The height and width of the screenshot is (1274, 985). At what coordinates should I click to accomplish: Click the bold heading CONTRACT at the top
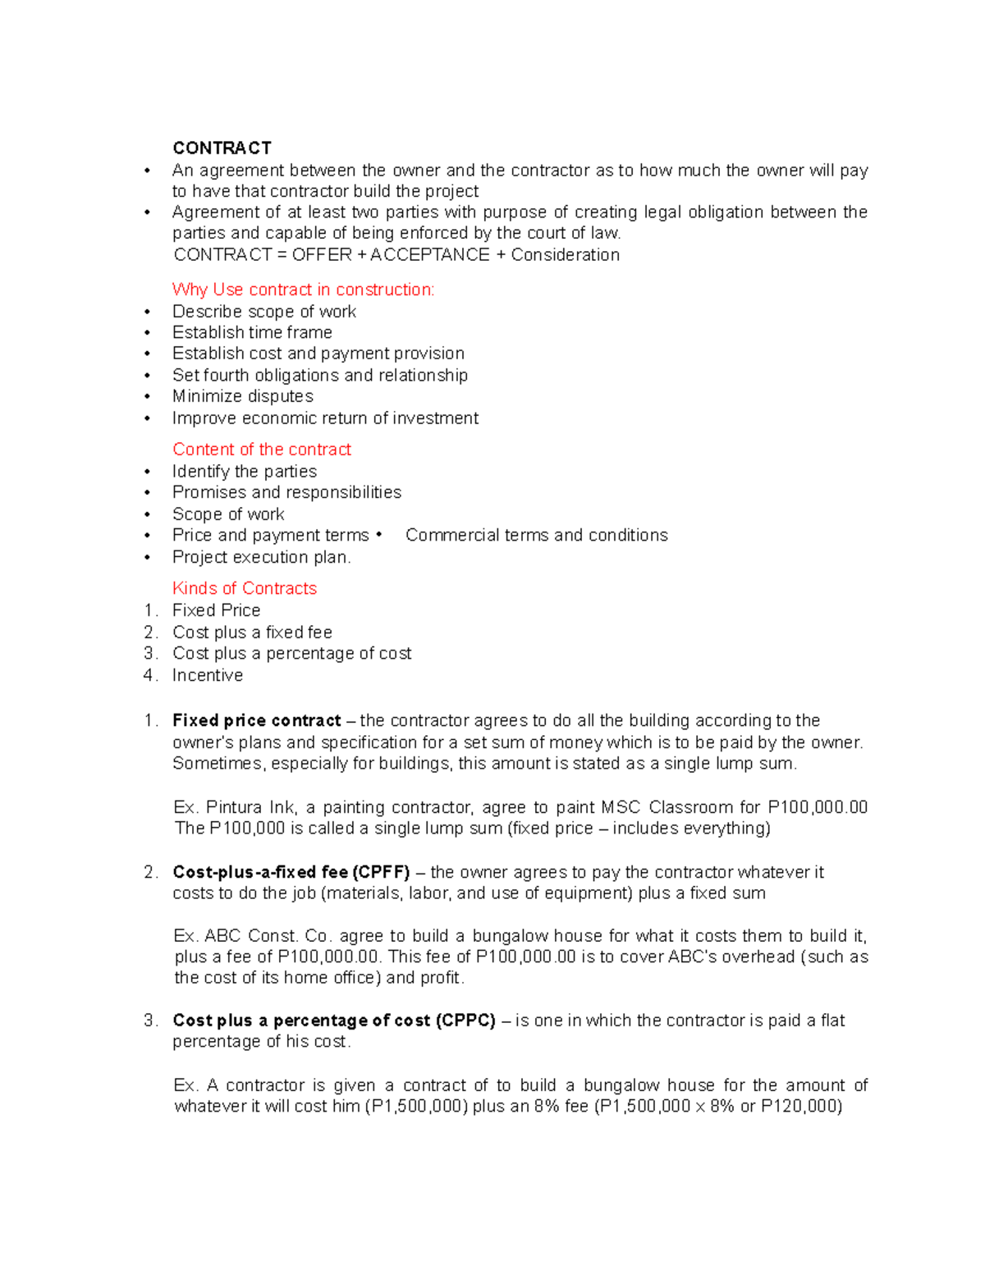pyautogui.click(x=222, y=148)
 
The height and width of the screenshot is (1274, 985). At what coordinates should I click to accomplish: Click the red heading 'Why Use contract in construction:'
pyautogui.click(x=303, y=290)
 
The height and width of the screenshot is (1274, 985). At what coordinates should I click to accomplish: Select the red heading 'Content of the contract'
pyautogui.click(x=261, y=450)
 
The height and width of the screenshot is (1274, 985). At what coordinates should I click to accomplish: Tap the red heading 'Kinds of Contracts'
pyautogui.click(x=244, y=588)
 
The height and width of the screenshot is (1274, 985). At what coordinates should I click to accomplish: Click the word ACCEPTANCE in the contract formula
pyautogui.click(x=429, y=255)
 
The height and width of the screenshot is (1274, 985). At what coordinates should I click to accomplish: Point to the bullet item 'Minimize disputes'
pyautogui.click(x=242, y=396)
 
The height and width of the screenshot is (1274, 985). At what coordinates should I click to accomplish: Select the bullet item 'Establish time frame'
pyautogui.click(x=252, y=332)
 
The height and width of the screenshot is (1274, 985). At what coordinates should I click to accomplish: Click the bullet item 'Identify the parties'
pyautogui.click(x=244, y=472)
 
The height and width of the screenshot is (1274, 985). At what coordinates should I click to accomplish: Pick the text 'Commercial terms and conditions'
pyautogui.click(x=536, y=535)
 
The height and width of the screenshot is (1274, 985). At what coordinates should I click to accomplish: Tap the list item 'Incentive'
pyautogui.click(x=207, y=675)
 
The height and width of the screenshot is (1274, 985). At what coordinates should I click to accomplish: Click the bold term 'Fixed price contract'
pyautogui.click(x=256, y=720)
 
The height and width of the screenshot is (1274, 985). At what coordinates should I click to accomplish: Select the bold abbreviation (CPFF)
pyautogui.click(x=380, y=872)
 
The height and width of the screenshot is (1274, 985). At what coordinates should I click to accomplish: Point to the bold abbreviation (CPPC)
pyautogui.click(x=465, y=1021)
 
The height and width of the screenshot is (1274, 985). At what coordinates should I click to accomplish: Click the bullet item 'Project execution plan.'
pyautogui.click(x=261, y=557)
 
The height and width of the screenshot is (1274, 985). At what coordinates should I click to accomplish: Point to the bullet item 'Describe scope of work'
pyautogui.click(x=263, y=312)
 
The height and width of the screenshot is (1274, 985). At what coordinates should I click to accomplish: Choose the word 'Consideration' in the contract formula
pyautogui.click(x=565, y=255)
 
